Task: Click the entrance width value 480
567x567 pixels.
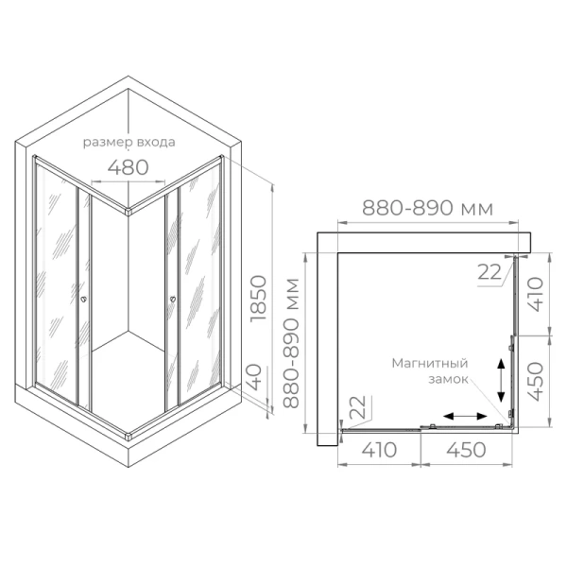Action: [x=129, y=167]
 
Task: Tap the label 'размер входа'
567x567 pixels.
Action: [x=129, y=144]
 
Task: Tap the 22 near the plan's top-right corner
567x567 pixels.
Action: [x=489, y=272]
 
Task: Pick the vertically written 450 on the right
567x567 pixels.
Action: [x=536, y=382]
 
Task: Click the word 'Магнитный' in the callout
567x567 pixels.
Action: [x=432, y=362]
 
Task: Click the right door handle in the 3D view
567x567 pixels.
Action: [x=173, y=301]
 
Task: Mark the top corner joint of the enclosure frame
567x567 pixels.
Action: [x=129, y=214]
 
